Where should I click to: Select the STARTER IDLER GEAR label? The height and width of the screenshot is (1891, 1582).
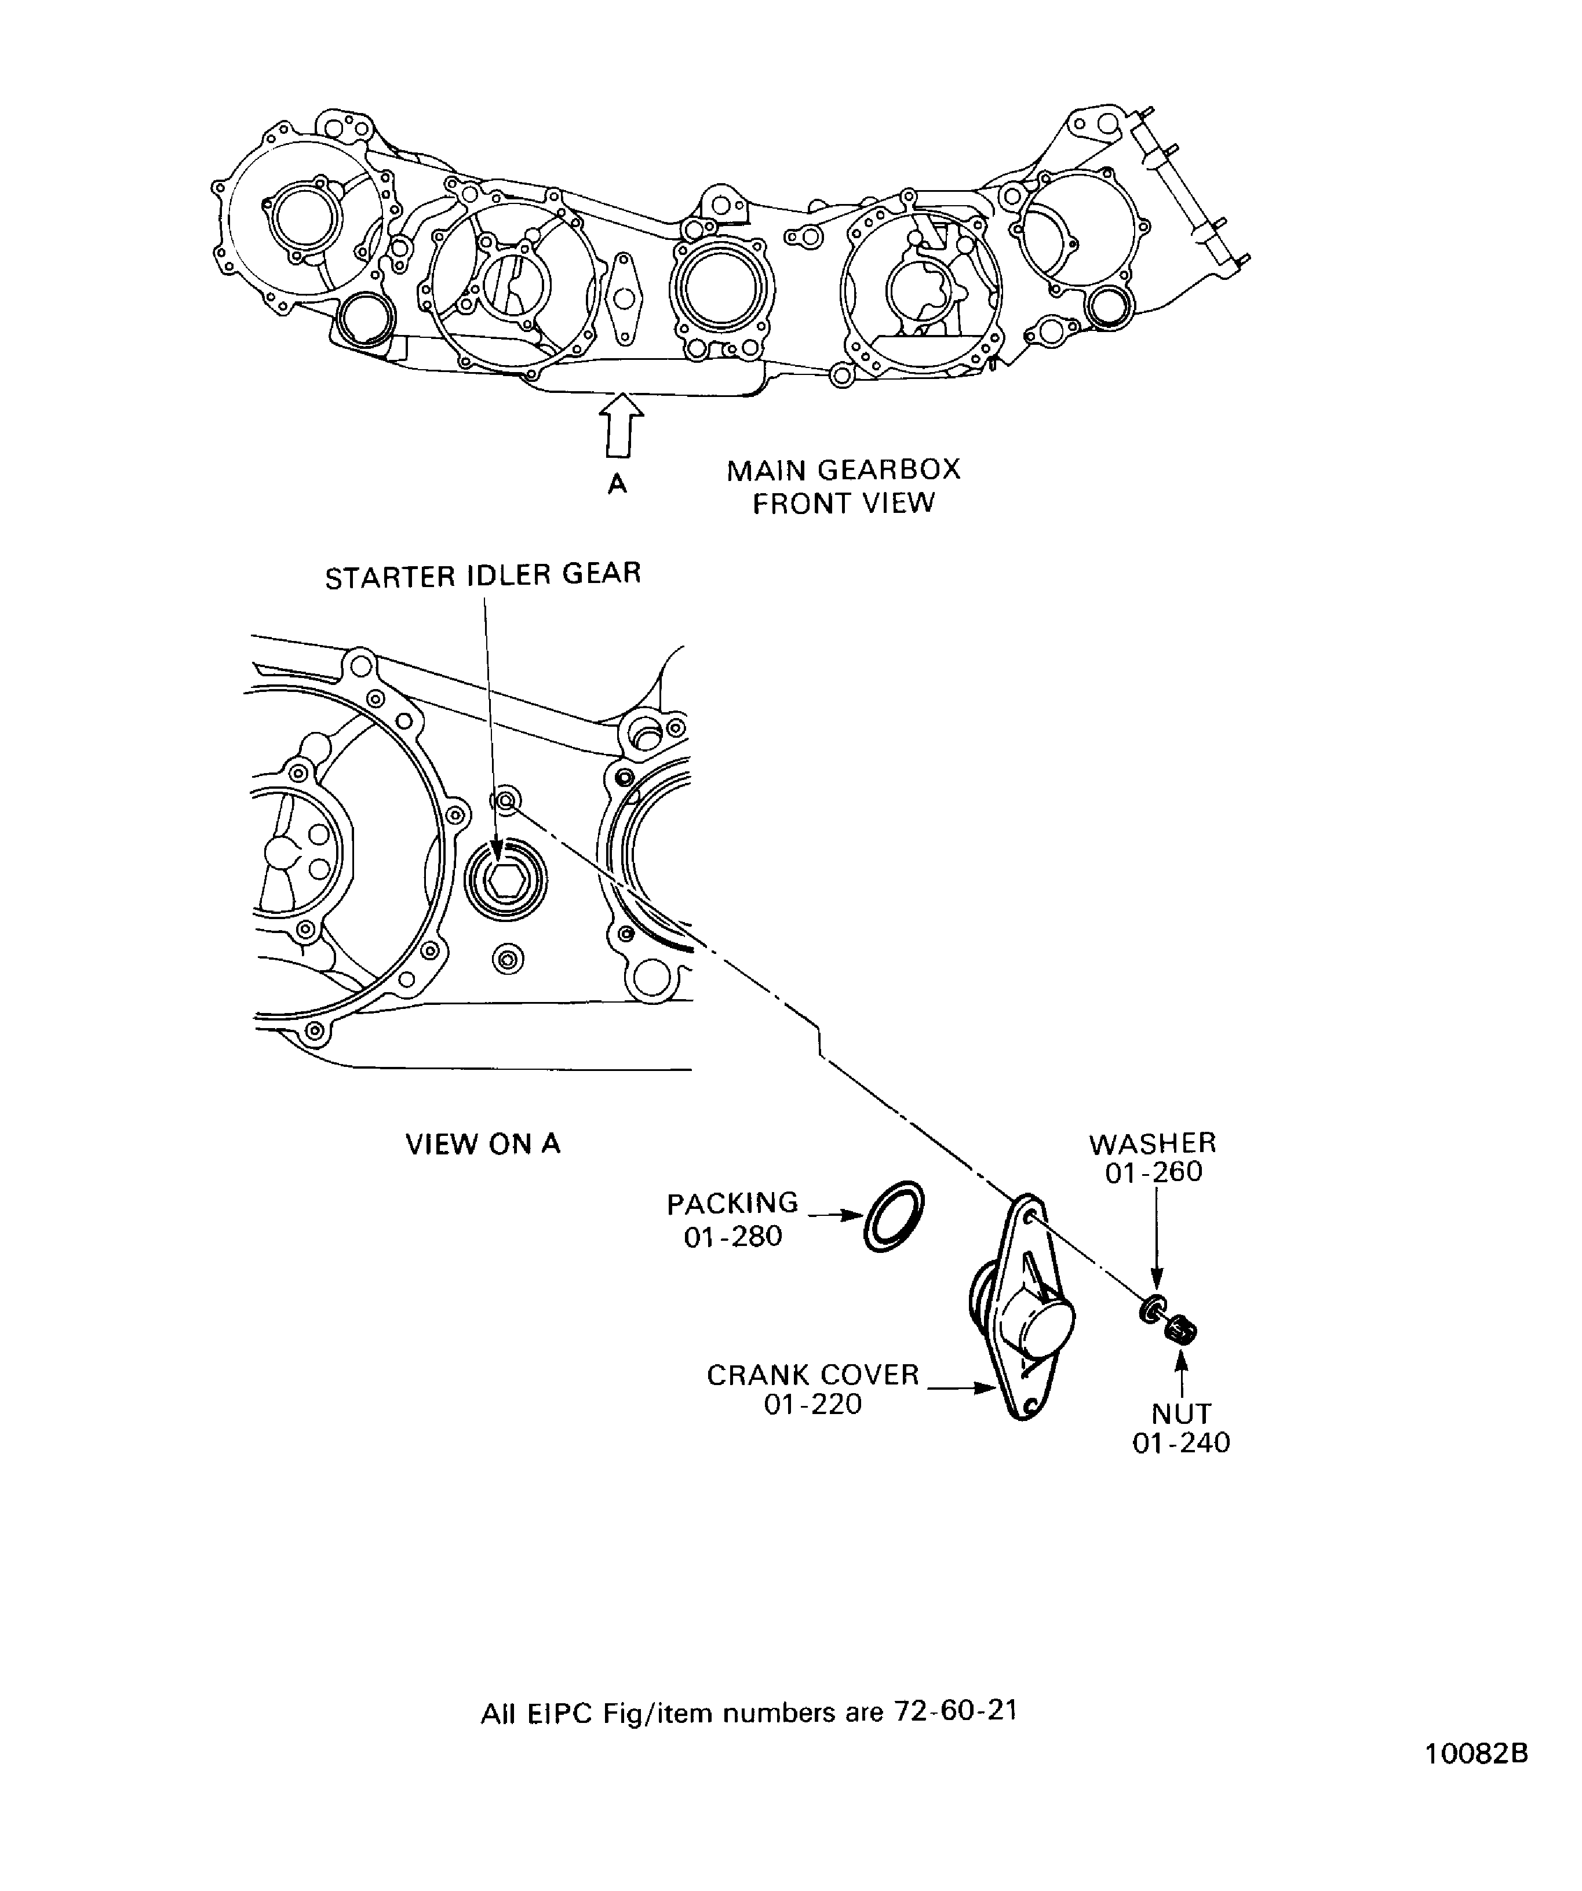pos(483,575)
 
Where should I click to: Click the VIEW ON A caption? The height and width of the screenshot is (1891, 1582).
pos(483,1145)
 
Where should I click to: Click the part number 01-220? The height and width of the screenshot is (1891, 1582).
pos(812,1405)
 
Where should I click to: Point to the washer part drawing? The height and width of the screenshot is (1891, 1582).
pos(1151,1309)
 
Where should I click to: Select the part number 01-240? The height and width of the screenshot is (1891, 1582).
pos(1180,1444)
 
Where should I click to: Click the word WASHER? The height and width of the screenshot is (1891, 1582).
pos(1153,1143)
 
